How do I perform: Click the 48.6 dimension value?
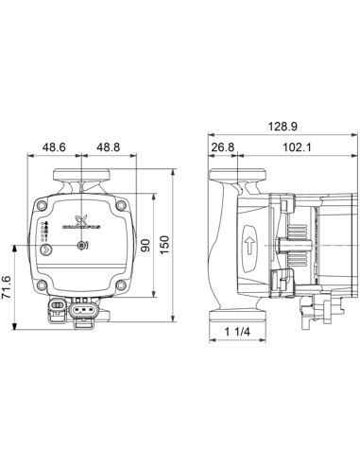click(x=56, y=148)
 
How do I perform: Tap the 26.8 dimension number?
click(x=223, y=148)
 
